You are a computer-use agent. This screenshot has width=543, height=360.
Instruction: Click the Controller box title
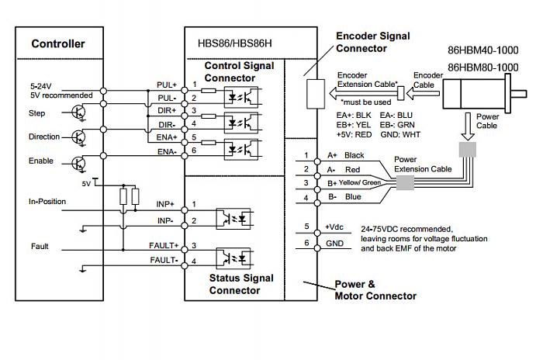pyautogui.click(x=58, y=43)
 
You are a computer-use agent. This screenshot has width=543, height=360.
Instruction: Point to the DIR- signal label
pyautogui.click(x=168, y=124)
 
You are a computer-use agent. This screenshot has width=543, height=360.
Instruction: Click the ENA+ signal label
pyautogui.click(x=168, y=137)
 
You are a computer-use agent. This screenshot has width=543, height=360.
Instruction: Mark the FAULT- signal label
pyautogui.click(x=164, y=260)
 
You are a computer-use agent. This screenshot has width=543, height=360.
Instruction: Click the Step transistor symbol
pyautogui.click(x=78, y=112)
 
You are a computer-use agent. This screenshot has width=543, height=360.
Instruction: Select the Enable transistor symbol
pyautogui.click(x=78, y=162)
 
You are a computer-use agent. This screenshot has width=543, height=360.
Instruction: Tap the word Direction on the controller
pyautogui.click(x=44, y=137)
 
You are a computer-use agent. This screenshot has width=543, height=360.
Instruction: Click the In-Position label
pyautogui.click(x=47, y=202)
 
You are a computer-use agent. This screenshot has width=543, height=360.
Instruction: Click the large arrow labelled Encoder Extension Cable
pyautogui.click(x=361, y=93)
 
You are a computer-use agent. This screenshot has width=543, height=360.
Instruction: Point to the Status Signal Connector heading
pyautogui.click(x=241, y=284)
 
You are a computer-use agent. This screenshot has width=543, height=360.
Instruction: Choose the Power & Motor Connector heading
pyautogui.click(x=375, y=289)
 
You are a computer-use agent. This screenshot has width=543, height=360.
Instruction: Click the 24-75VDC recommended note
pyautogui.click(x=407, y=230)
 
